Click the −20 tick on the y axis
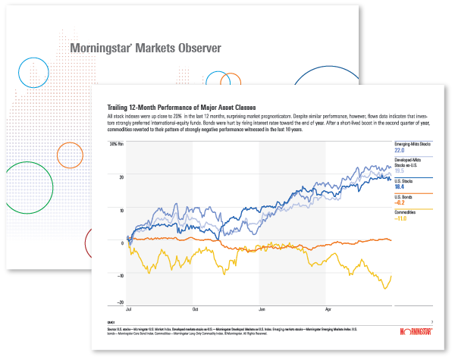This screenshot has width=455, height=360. pos(120,302)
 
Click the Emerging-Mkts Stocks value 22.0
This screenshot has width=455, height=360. pos(400,151)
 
